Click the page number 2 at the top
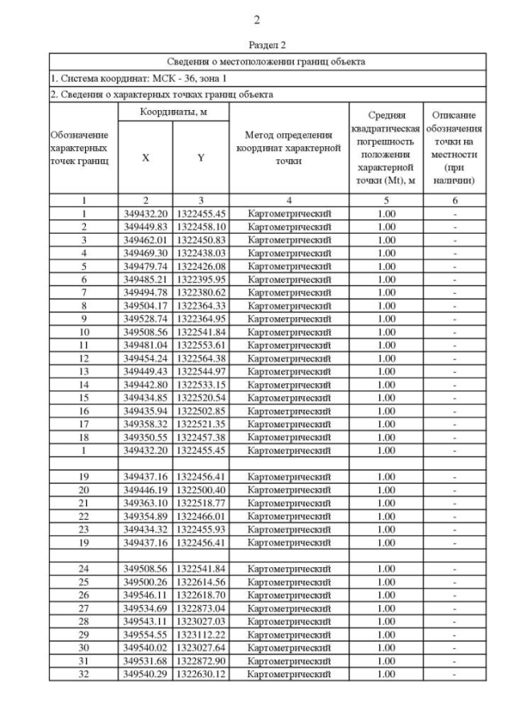[256, 20]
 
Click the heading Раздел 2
[267, 46]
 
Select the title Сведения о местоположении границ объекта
[266, 61]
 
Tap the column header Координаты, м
[173, 113]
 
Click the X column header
[145, 158]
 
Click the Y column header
[201, 158]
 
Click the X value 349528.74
[145, 319]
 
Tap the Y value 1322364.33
[201, 305]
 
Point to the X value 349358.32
[145, 424]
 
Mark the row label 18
[84, 437]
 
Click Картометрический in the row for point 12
[289, 358]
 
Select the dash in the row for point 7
[455, 292]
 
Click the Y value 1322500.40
[201, 490]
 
